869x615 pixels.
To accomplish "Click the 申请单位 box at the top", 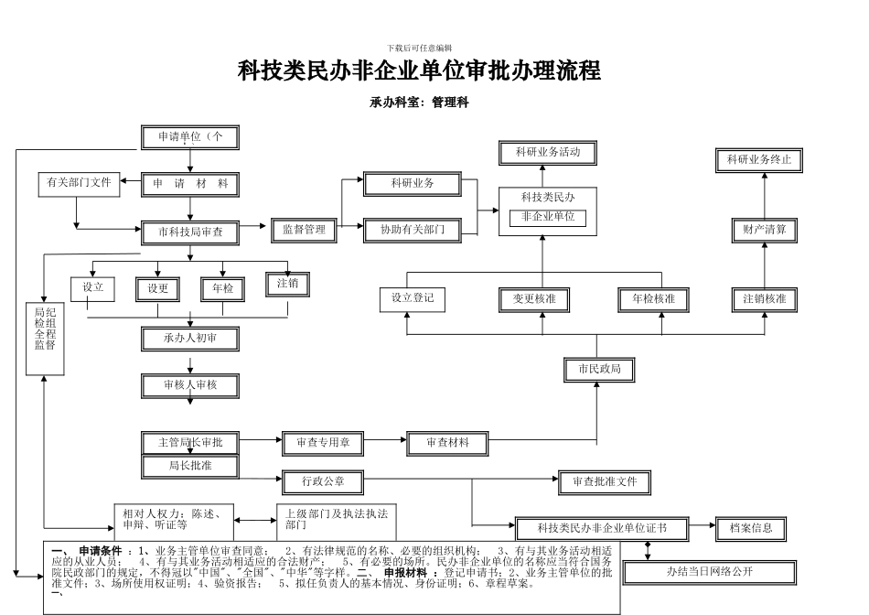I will coord(189,137).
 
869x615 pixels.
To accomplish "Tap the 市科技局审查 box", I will coord(189,232).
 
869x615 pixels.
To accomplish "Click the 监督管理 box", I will coord(304,231).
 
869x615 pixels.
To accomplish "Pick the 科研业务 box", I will coord(412,184).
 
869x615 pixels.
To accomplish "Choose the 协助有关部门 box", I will coord(412,231).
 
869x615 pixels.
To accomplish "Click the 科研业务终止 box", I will coord(758,160).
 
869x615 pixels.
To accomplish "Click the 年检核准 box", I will coord(653,299).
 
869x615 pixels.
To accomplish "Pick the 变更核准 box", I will coord(541,299).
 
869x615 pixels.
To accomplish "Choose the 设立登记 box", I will coord(412,299).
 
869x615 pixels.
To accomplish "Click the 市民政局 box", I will coord(599,370).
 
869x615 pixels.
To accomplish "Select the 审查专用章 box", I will coord(322,443).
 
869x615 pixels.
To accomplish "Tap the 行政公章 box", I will coord(322,480).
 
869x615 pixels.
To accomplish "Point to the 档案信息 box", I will coord(751,528).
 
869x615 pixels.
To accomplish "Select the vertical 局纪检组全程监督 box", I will coord(45,337).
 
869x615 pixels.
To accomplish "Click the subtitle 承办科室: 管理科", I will coord(419,103).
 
